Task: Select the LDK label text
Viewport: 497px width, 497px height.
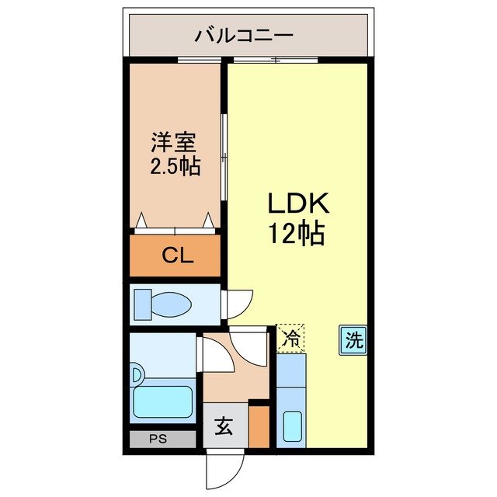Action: point(300,204)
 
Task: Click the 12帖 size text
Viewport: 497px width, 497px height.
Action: point(297,232)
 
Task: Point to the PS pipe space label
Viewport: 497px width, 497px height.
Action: point(158,439)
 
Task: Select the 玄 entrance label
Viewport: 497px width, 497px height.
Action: point(224,427)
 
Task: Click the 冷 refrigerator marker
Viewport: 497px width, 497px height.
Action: point(290,338)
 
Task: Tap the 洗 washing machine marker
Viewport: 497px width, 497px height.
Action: point(353,339)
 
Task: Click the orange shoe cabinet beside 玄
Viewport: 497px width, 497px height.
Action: point(259,427)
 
